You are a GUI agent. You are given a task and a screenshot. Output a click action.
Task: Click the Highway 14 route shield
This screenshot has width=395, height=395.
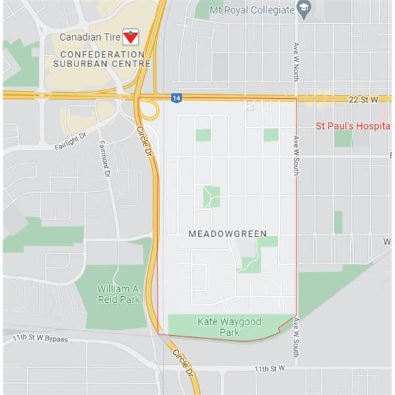(175, 97)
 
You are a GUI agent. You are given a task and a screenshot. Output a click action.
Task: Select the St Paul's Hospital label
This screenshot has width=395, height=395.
(353, 124)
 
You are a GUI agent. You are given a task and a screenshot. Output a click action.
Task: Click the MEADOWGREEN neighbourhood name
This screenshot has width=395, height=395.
(228, 234)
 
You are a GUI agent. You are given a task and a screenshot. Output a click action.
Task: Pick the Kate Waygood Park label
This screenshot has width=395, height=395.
(229, 327)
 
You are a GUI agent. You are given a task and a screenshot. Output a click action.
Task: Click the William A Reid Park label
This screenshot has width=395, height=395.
(119, 294)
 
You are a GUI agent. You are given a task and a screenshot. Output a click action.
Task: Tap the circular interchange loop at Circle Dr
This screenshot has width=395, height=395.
(148, 109)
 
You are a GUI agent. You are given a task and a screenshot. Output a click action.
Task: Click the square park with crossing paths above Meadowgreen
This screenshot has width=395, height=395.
(211, 196)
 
